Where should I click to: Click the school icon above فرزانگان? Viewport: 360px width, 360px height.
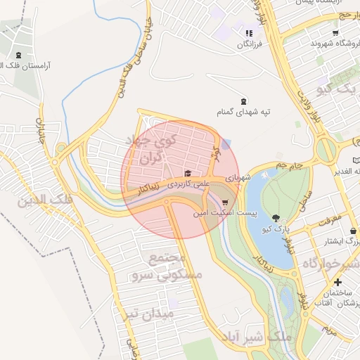click(x=248, y=33)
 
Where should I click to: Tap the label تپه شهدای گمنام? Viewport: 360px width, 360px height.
click(x=243, y=112)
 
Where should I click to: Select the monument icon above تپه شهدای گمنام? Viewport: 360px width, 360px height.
click(x=243, y=101)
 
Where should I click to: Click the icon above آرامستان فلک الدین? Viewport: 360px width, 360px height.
click(x=18, y=55)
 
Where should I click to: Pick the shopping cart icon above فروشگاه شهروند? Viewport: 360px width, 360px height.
click(x=335, y=32)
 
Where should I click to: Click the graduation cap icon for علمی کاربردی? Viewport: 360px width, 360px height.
click(x=187, y=174)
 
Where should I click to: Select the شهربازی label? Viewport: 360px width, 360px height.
click(x=238, y=179)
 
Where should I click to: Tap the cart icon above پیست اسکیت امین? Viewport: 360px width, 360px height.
click(x=225, y=202)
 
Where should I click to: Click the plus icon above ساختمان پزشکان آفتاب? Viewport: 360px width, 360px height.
click(x=338, y=282)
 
